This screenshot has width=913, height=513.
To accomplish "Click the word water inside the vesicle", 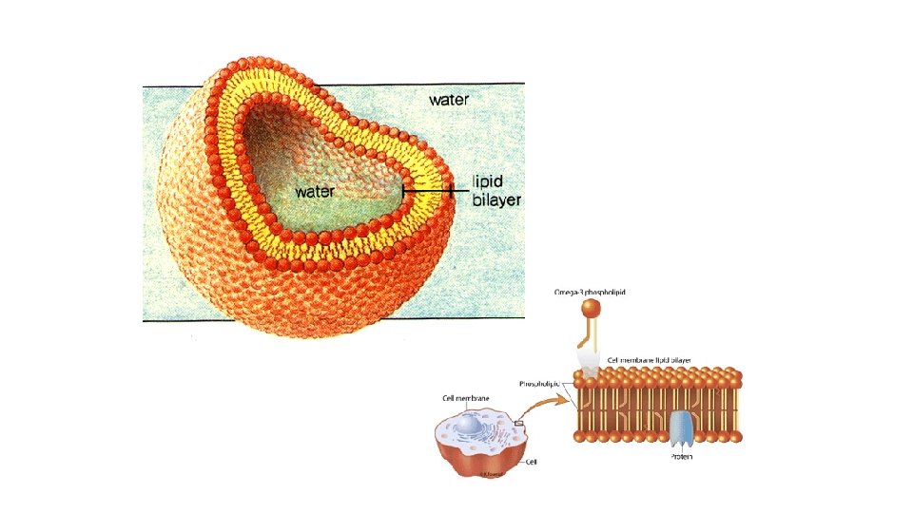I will click(x=315, y=191).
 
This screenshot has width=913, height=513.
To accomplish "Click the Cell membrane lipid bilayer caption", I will click(x=648, y=360).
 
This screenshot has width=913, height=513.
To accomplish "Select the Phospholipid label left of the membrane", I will click(x=544, y=384).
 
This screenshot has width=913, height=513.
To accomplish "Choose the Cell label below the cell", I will click(x=533, y=462).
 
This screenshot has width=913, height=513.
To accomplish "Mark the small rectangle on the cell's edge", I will click(x=520, y=425).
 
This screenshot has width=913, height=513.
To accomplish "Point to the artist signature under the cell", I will click(x=491, y=472).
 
